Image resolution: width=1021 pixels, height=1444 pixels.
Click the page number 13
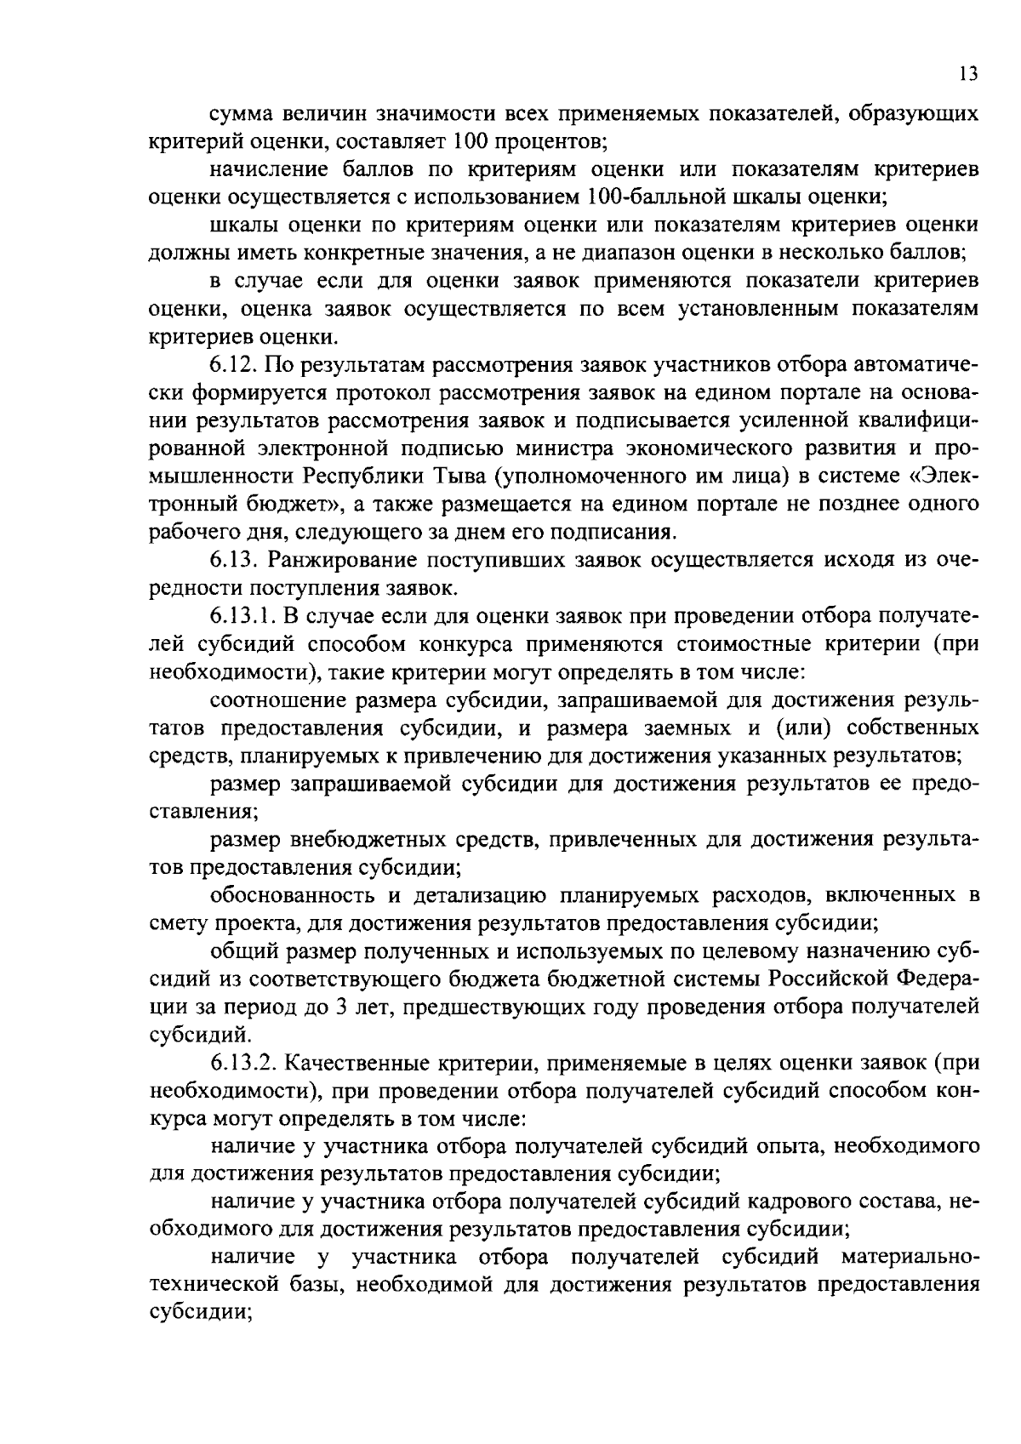coord(968,74)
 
